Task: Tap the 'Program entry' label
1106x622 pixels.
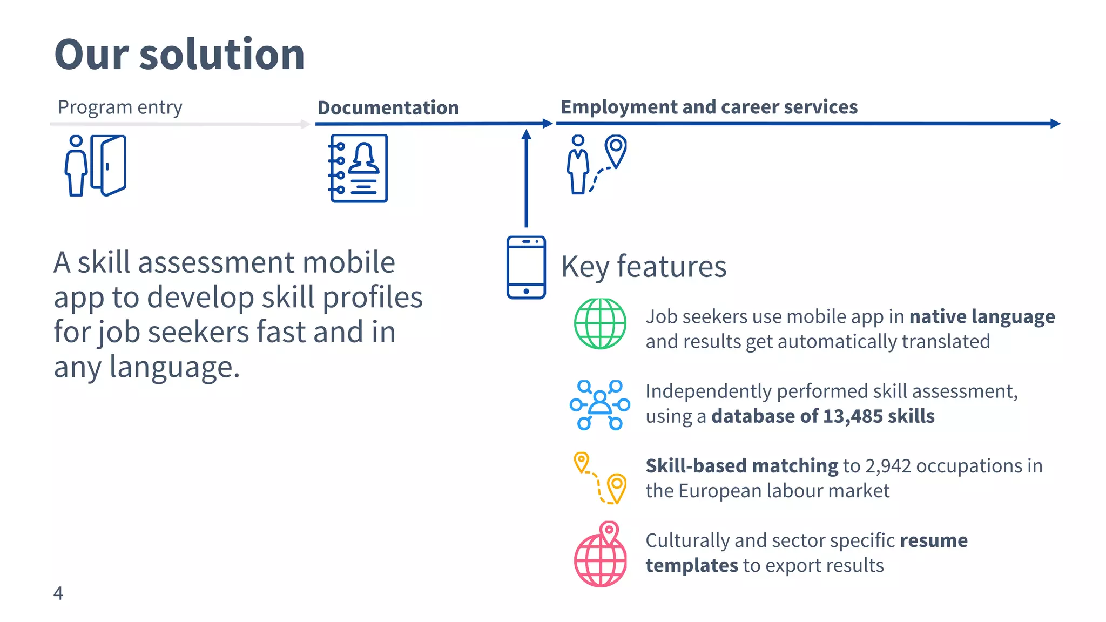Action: click(x=120, y=107)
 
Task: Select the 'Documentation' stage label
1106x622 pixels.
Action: click(x=388, y=107)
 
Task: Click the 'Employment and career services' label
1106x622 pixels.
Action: click(x=709, y=107)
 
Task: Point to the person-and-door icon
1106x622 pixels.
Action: click(x=96, y=165)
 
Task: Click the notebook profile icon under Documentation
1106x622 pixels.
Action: click(x=359, y=168)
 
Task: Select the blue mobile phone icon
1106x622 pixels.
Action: click(x=526, y=267)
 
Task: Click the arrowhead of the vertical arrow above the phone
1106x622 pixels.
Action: click(x=526, y=133)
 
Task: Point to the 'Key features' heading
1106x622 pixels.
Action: click(x=644, y=266)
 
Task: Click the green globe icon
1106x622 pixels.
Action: click(x=600, y=323)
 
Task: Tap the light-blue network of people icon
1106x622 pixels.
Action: click(x=599, y=405)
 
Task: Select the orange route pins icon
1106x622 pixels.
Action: click(x=600, y=478)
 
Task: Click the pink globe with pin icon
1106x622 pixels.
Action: click(x=601, y=555)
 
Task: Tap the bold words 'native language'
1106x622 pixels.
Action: click(x=982, y=316)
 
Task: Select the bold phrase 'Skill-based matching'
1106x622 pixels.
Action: click(x=741, y=466)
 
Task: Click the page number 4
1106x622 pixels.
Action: click(x=58, y=593)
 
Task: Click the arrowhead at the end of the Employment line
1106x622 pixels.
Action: click(x=1056, y=124)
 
